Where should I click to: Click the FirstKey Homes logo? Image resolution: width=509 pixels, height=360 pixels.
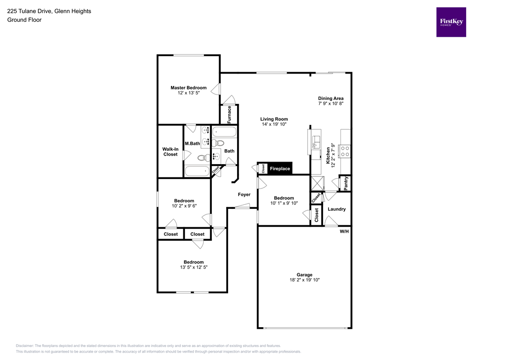point(451,22)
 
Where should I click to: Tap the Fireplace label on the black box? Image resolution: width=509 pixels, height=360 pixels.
point(279,169)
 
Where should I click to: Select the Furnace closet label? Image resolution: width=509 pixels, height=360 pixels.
point(229,114)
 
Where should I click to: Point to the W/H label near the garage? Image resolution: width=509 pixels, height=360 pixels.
point(344,232)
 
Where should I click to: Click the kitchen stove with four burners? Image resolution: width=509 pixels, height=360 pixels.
point(345,151)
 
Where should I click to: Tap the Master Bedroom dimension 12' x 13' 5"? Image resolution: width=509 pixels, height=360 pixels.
point(188,93)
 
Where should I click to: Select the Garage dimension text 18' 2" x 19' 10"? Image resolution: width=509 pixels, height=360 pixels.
point(305,280)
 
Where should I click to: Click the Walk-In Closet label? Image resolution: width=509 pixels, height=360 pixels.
point(170,152)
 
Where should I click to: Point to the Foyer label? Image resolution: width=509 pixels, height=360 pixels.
point(244,194)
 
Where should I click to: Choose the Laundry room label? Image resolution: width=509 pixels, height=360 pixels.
point(337,209)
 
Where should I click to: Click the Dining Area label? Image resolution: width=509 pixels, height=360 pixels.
point(331,98)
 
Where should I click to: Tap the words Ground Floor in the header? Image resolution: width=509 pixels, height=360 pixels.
point(24,20)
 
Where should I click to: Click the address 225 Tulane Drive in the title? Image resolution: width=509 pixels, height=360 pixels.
point(30,11)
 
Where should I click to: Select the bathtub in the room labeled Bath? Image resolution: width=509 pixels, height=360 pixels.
point(225,132)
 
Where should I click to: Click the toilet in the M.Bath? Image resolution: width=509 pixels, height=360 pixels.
point(202,158)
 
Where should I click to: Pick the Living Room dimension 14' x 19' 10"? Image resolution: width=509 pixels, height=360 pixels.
point(274,125)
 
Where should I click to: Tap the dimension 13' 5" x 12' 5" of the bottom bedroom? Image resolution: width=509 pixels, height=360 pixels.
point(193,268)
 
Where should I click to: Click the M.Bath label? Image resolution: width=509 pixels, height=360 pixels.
point(192,144)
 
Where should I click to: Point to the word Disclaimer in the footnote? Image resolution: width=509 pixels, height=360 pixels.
point(25,346)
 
